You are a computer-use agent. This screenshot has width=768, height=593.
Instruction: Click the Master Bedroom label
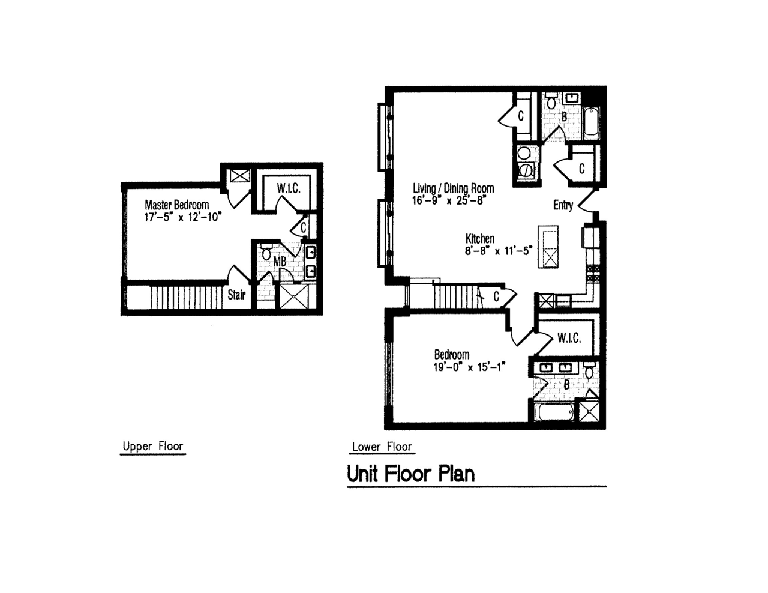176,205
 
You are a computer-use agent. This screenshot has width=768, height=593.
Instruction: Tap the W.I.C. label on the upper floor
289,188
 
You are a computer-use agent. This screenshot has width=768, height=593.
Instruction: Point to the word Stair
236,295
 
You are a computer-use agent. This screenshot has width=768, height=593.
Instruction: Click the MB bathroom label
280,262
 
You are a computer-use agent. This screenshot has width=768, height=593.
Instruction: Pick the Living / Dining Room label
453,188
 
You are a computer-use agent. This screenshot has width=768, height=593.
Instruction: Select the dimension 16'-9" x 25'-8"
448,201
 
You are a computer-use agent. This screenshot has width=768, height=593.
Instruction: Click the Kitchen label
480,239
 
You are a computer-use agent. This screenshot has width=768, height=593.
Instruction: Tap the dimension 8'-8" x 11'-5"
498,251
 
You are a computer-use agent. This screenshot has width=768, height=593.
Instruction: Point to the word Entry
563,205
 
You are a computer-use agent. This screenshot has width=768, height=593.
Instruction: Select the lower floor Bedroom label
452,355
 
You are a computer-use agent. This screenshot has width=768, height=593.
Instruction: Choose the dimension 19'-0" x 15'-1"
469,367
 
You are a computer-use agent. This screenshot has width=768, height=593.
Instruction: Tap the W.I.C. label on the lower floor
569,339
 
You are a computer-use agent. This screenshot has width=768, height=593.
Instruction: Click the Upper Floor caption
152,446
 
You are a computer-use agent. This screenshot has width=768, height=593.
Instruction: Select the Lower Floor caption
382,447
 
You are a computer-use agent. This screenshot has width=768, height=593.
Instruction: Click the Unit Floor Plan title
411,474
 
